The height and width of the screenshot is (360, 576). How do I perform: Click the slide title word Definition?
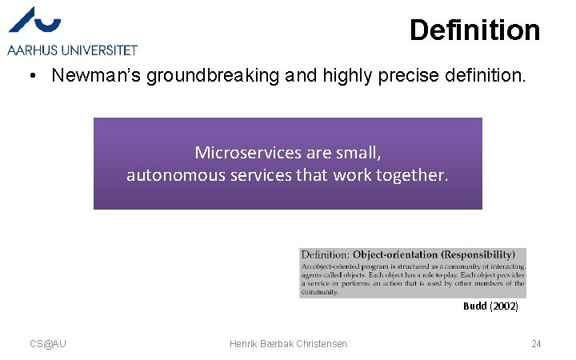click(474, 30)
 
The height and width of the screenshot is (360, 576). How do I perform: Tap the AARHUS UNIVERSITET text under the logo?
click(72, 50)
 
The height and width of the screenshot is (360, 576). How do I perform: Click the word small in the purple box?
click(361, 152)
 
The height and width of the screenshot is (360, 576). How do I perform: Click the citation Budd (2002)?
click(490, 306)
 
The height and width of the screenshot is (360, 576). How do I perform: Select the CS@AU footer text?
click(48, 344)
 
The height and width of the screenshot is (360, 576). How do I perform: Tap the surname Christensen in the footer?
click(320, 344)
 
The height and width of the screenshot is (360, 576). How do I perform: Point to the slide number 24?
click(536, 344)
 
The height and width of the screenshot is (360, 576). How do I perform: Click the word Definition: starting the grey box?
click(326, 255)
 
